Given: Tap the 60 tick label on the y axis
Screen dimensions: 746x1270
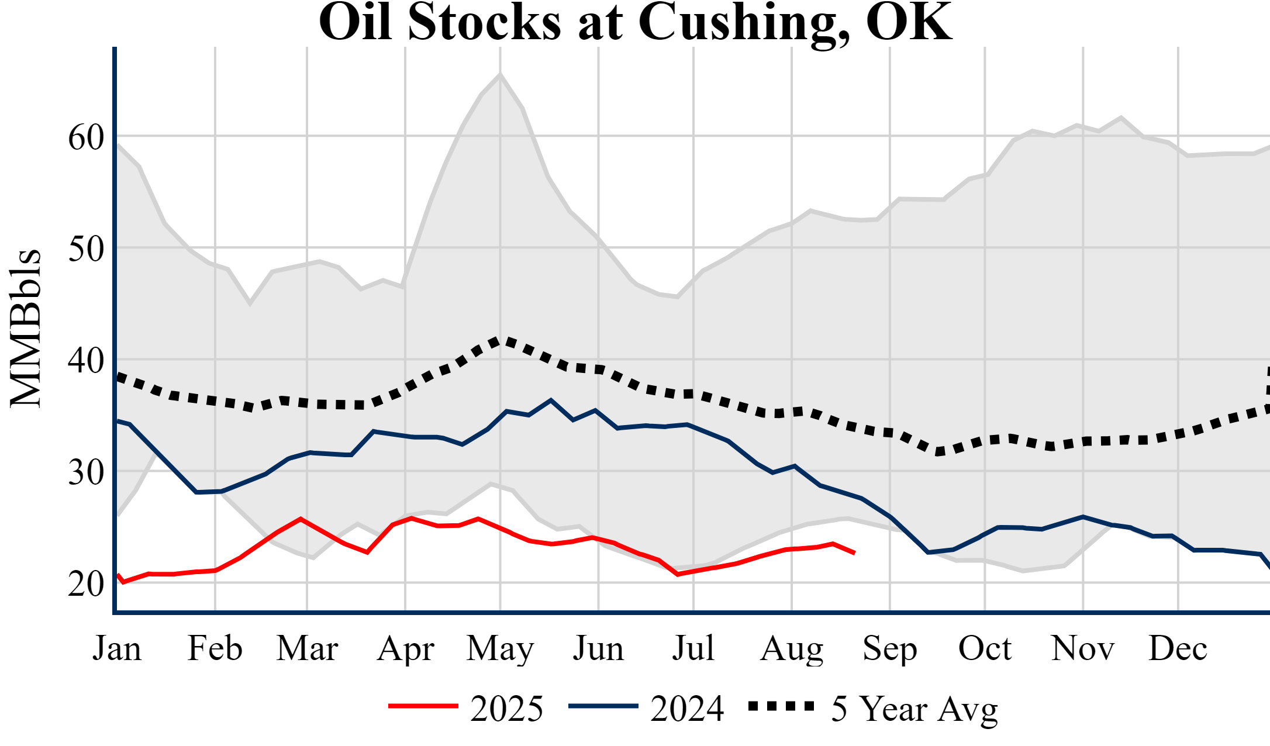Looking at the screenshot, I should [86, 138].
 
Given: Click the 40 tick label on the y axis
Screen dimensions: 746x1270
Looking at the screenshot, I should [86, 361].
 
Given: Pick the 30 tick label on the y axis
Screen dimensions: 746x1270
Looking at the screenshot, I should [86, 472].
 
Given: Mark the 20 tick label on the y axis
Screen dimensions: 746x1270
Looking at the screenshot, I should [86, 583].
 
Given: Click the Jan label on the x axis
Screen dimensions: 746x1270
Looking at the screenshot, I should [117, 648].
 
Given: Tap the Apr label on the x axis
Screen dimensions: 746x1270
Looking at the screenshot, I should [406, 648].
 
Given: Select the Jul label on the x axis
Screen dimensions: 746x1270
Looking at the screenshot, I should [693, 648].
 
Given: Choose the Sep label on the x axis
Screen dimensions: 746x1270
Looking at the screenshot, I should [890, 648].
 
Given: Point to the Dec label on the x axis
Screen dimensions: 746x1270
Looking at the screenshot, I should [1178, 648].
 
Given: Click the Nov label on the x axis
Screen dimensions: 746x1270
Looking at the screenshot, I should [1083, 648].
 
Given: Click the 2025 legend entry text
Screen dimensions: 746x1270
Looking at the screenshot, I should [506, 709].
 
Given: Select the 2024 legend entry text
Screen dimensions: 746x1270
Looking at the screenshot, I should [687, 709].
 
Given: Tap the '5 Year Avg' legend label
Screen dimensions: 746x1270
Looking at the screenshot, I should [914, 709].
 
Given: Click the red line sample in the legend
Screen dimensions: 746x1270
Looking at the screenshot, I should [423, 707].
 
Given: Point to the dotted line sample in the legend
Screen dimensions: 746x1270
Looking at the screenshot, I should [781, 707].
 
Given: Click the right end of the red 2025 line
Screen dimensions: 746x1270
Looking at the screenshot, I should [854, 552].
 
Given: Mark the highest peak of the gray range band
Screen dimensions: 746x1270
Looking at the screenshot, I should [500, 74].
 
